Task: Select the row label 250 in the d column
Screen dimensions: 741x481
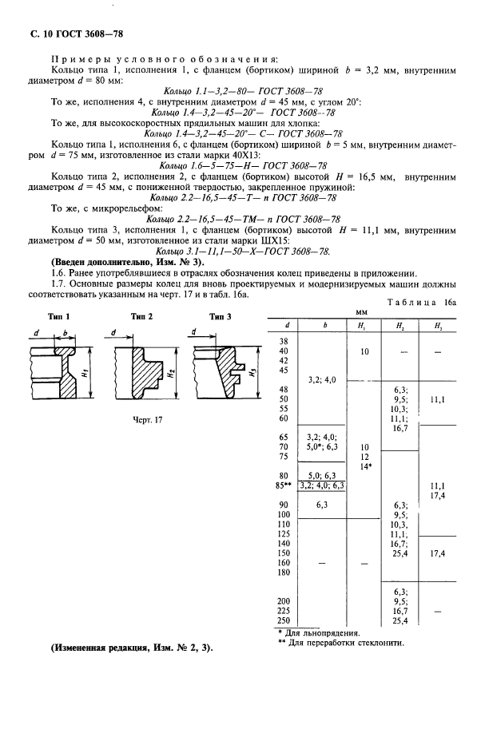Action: coord(283,620)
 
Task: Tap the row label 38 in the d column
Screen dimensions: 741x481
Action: coord(282,341)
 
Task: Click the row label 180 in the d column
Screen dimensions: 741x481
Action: coord(283,573)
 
